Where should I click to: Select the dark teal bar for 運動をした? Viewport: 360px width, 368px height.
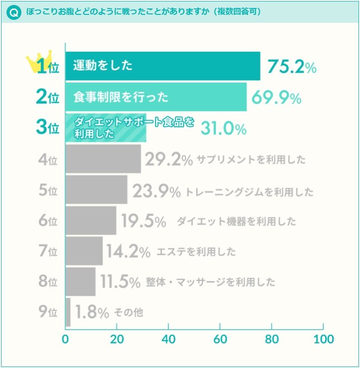[x=163, y=66]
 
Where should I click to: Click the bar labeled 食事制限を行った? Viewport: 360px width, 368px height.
[x=156, y=97]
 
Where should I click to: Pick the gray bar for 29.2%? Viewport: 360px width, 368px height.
[x=103, y=159]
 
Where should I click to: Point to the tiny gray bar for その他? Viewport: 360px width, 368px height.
[x=68, y=312]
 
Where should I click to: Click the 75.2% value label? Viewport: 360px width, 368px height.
[x=292, y=67]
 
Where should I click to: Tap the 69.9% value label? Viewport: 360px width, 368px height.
[x=276, y=97]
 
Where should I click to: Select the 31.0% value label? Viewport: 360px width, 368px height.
[x=223, y=129]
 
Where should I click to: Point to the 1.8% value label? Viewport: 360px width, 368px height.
[x=92, y=313]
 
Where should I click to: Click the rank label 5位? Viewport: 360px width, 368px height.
[x=48, y=191]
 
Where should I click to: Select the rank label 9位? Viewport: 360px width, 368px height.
[x=48, y=313]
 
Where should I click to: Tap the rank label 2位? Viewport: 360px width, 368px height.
[x=48, y=97]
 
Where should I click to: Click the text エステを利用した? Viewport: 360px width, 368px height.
[x=196, y=252]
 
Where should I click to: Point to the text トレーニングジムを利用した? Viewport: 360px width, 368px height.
[x=249, y=192]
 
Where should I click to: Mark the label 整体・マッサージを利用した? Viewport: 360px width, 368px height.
[x=210, y=283]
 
